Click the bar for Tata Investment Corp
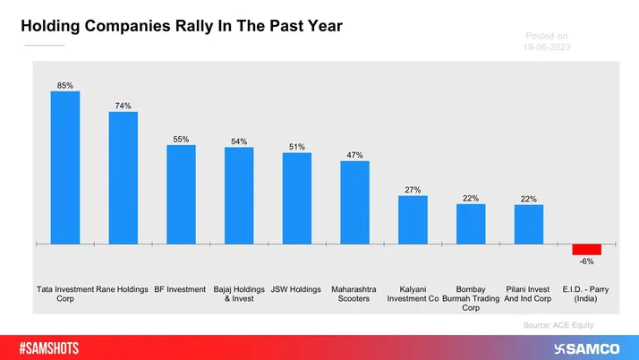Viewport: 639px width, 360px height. pos(65,167)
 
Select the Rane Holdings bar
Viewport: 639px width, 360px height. pos(123,177)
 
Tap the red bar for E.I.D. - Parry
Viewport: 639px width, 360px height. pos(586,248)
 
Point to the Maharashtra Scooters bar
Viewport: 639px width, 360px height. pos(354,201)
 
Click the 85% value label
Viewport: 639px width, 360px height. pos(65,85)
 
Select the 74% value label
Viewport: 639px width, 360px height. pos(123,106)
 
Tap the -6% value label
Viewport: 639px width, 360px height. pos(586,261)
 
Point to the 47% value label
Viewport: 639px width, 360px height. pos(354,155)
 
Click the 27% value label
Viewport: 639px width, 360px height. pos(413,190)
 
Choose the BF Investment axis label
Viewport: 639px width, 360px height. pos(181,289)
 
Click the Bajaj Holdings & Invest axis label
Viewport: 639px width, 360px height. pos(239,294)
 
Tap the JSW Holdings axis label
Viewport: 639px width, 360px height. pos(296,289)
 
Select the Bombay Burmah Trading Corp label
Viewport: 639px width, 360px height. pos(471,298)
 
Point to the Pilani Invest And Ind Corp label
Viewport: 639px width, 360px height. pos(528,294)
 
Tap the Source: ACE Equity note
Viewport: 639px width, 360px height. pos(558,325)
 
